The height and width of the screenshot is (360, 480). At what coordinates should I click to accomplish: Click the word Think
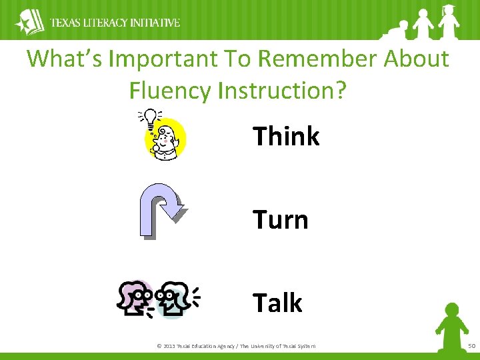coord(286,137)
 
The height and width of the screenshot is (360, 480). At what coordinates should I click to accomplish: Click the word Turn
coord(280,220)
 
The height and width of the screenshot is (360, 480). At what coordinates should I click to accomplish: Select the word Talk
coord(277,303)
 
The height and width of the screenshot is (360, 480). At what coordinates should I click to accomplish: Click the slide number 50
coord(471,345)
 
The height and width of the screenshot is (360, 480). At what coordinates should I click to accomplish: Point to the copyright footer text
coord(235,345)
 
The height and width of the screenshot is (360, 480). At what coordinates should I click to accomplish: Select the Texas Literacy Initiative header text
coord(115,23)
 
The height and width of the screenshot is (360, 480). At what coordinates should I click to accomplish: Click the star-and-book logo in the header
coord(29,22)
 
